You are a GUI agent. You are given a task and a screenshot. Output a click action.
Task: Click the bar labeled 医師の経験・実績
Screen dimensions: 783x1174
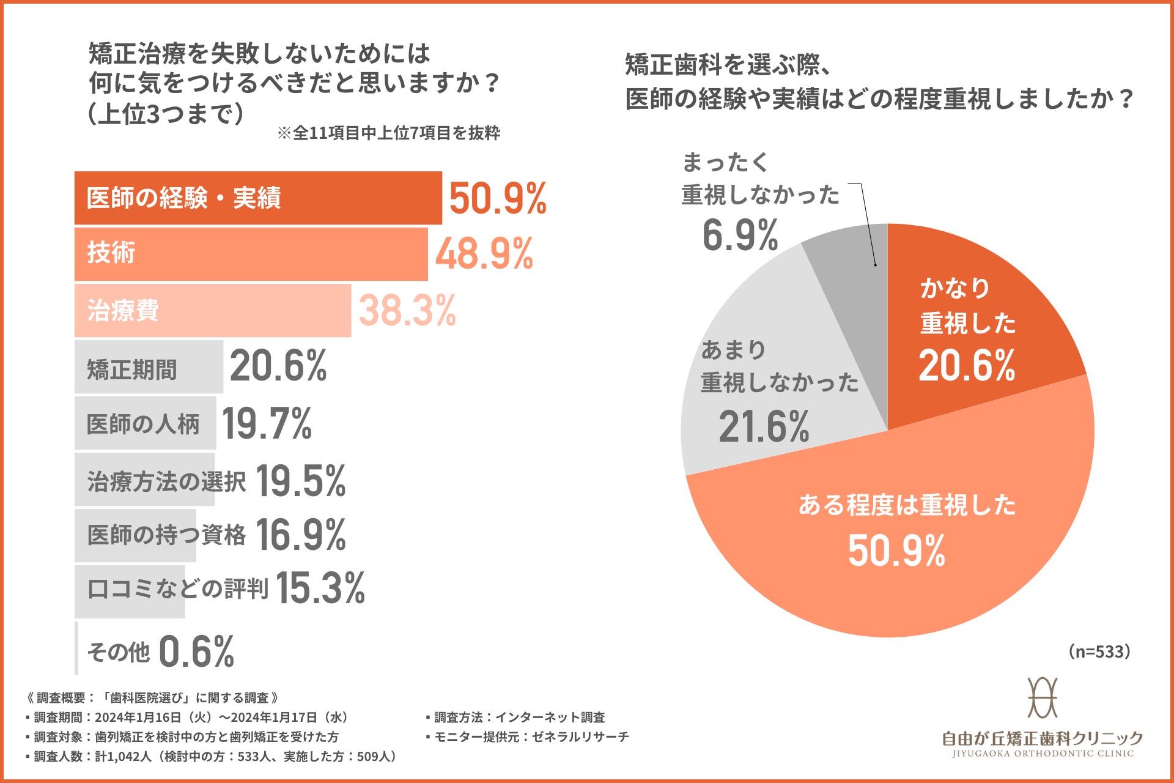pyautogui.click(x=257, y=198)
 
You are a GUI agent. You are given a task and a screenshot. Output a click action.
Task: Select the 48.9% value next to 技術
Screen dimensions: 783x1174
pyautogui.click(x=484, y=253)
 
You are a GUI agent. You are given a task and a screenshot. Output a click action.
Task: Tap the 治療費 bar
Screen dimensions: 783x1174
pyautogui.click(x=212, y=310)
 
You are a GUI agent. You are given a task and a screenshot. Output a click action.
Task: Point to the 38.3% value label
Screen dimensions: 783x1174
pyautogui.click(x=407, y=310)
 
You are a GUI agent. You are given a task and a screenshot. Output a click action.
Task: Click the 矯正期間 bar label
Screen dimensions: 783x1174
pyautogui.click(x=132, y=369)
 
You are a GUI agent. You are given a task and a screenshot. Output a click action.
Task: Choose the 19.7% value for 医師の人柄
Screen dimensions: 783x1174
pyautogui.click(x=267, y=423)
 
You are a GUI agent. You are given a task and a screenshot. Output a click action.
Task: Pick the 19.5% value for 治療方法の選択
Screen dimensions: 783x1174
pyautogui.click(x=300, y=481)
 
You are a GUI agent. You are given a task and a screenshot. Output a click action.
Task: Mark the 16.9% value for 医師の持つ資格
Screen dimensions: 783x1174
pyautogui.click(x=300, y=535)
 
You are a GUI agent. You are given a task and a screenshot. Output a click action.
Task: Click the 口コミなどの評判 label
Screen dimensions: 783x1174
pyautogui.click(x=177, y=589)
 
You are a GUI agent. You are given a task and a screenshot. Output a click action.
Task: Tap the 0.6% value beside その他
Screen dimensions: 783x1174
pyautogui.click(x=196, y=651)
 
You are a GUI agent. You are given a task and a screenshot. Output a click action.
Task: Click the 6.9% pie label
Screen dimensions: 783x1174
pyautogui.click(x=740, y=235)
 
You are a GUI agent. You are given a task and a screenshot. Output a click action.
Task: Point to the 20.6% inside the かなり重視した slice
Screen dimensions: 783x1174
pyautogui.click(x=967, y=366)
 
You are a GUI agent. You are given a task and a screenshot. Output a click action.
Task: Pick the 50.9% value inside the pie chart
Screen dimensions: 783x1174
pyautogui.click(x=896, y=550)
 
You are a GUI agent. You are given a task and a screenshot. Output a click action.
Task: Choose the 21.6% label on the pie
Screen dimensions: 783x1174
pyautogui.click(x=764, y=426)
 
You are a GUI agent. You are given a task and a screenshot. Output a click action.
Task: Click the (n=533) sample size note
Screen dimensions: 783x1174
pyautogui.click(x=1099, y=651)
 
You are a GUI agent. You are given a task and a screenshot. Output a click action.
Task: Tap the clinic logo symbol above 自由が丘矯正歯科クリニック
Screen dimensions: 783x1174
pyautogui.click(x=1043, y=697)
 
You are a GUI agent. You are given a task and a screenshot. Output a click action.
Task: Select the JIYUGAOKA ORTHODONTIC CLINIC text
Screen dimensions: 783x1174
pyautogui.click(x=1043, y=754)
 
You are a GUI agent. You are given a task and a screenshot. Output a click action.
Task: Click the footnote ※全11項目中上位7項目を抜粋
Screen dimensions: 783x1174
pyautogui.click(x=389, y=133)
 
